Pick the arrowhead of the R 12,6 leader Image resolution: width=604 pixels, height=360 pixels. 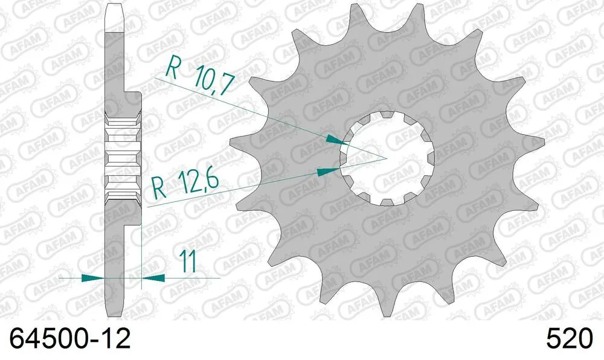[326, 172]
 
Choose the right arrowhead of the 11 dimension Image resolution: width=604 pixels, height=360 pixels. [154, 278]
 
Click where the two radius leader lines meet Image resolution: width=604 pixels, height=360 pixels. [385, 158]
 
